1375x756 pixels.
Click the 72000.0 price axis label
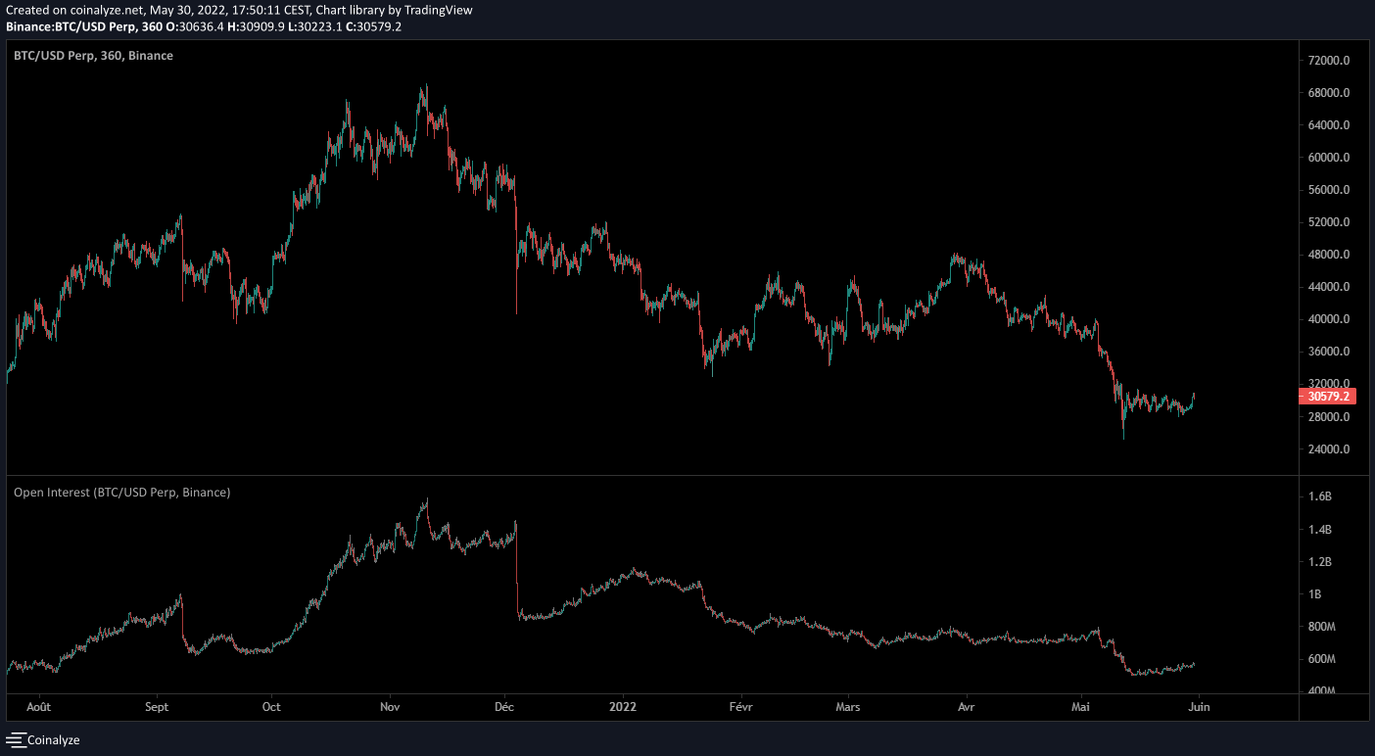click(x=1328, y=61)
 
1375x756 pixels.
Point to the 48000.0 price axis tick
click(x=1328, y=255)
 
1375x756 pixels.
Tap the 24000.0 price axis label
click(x=1328, y=449)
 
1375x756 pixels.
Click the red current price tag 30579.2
click(x=1328, y=397)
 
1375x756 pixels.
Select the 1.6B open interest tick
click(x=1320, y=497)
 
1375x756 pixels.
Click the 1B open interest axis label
click(x=1315, y=594)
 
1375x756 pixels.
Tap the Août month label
click(x=39, y=706)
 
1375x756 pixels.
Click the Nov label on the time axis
click(x=390, y=706)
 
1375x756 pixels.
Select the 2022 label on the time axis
click(x=623, y=706)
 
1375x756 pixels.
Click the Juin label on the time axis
click(x=1199, y=706)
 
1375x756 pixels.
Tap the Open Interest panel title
click(x=121, y=493)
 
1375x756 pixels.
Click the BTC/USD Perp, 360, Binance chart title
click(x=93, y=56)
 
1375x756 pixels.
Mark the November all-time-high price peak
click(x=424, y=85)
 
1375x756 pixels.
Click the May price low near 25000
click(x=1123, y=438)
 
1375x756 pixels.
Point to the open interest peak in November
click(x=426, y=499)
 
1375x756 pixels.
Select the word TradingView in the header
click(x=445, y=10)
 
